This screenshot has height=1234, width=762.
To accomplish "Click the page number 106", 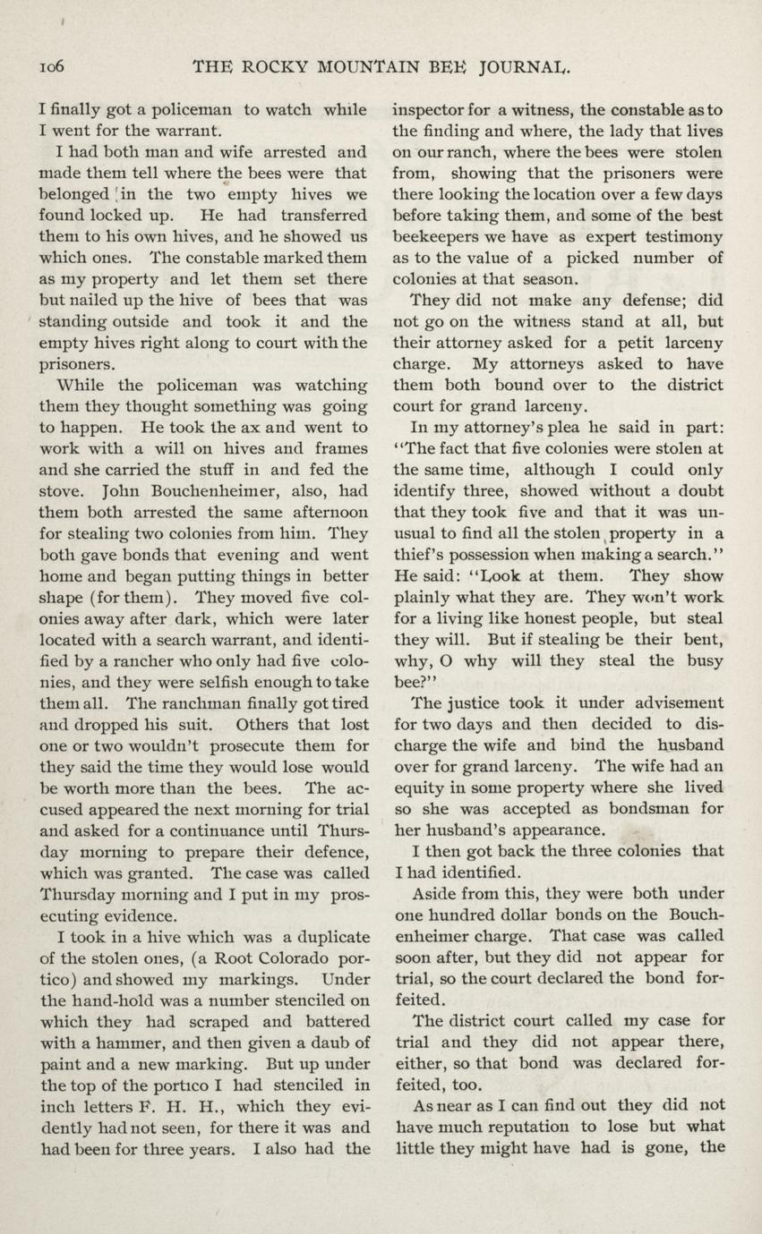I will coord(47,65).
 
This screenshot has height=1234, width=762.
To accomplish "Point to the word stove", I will coord(62,490).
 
